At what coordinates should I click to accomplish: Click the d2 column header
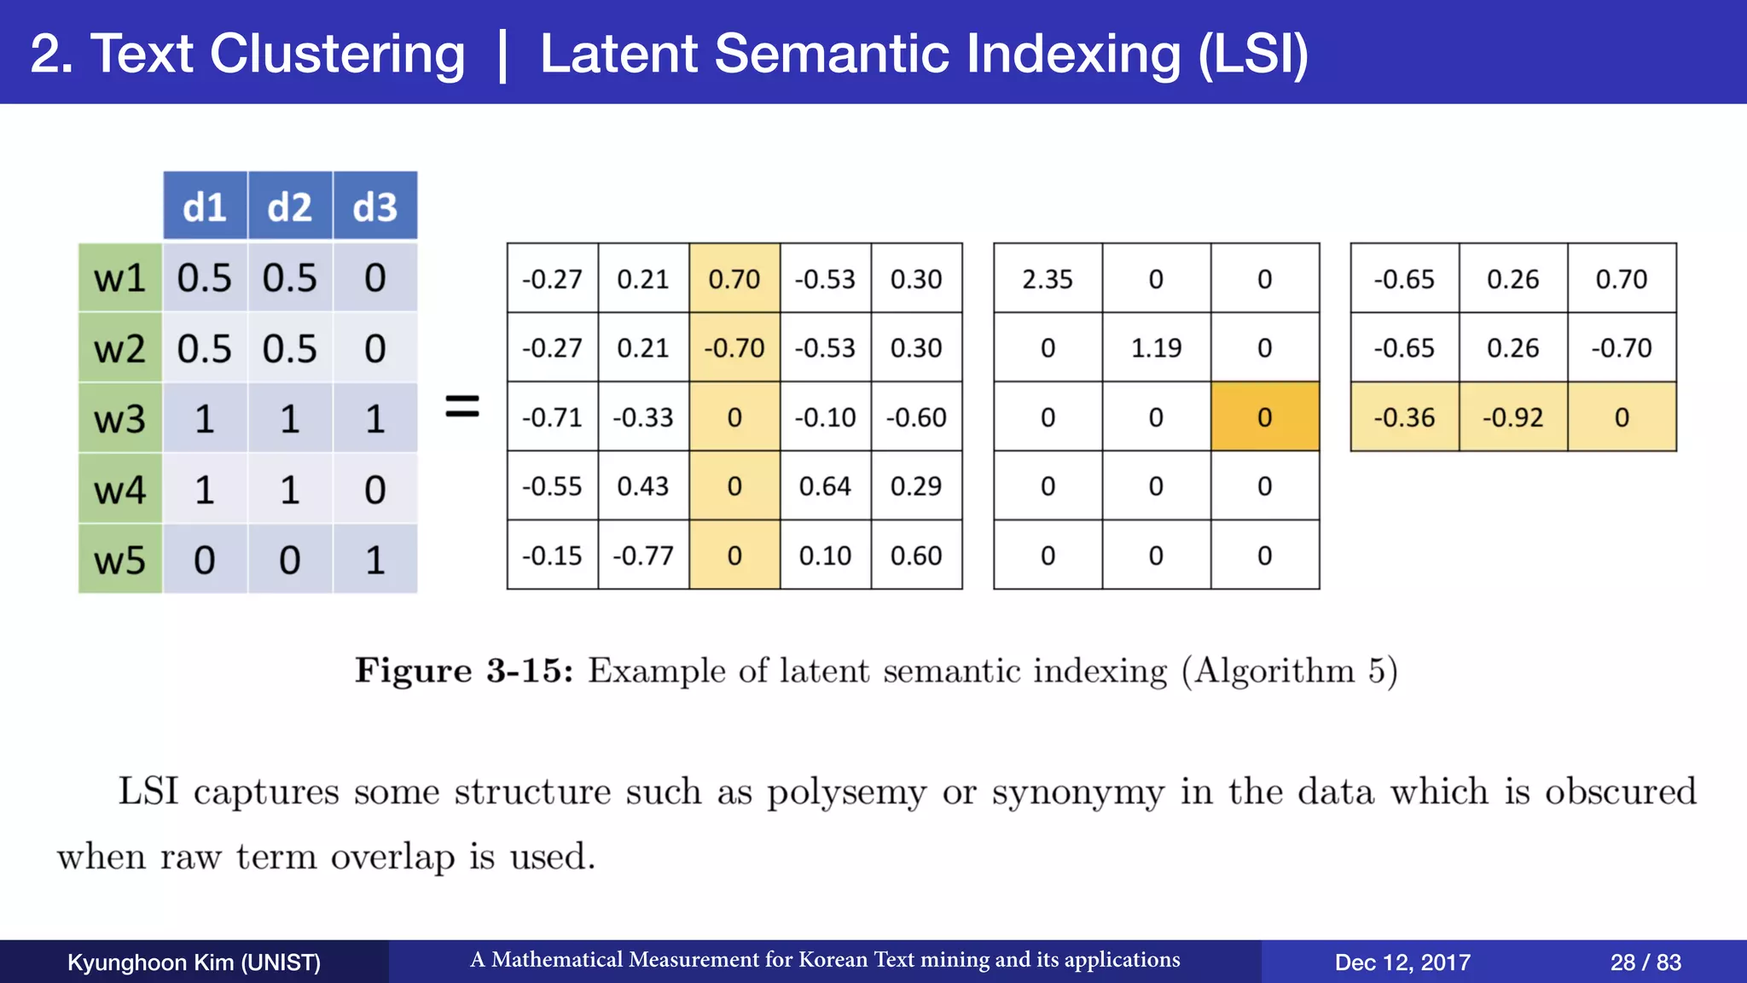coord(290,206)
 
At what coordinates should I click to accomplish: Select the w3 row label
coord(120,418)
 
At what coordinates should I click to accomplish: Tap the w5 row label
coord(120,560)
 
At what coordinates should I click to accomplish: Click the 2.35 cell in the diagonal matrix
coord(1048,279)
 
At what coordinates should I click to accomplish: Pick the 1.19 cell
coord(1156,348)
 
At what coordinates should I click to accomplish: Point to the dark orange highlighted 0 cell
coord(1264,417)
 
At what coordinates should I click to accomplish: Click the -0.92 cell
coord(1512,417)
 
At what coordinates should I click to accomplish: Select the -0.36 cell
coord(1404,417)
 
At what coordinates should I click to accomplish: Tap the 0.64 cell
coord(825,486)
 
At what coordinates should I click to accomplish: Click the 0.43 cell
coord(643,486)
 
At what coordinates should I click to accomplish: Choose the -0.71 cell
coord(552,417)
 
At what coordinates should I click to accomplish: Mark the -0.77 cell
coord(643,555)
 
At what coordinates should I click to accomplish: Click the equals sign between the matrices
coord(462,406)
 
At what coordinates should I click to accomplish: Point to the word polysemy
coord(845,793)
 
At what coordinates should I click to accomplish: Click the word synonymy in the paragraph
coord(1077,793)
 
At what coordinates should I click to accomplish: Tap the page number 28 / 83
coord(1645,963)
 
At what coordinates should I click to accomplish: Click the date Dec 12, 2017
coord(1402,963)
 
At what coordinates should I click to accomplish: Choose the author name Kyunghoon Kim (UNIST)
coord(194,963)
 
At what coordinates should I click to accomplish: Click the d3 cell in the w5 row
coord(375,560)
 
